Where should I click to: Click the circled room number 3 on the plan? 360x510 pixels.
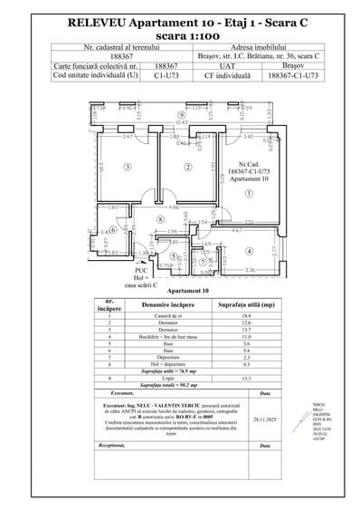(128, 167)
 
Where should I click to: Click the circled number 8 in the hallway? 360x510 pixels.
(160, 219)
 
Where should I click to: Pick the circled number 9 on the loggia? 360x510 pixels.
(181, 116)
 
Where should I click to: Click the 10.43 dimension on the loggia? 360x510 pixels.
(180, 123)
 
